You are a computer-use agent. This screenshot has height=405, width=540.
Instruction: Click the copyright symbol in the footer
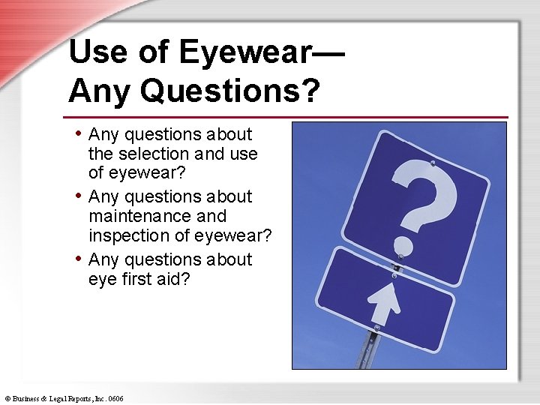[7, 399]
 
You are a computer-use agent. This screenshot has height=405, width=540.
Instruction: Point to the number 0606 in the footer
[115, 399]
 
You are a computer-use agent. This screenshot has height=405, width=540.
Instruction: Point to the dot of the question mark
[403, 245]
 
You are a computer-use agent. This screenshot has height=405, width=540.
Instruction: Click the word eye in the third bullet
[103, 280]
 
